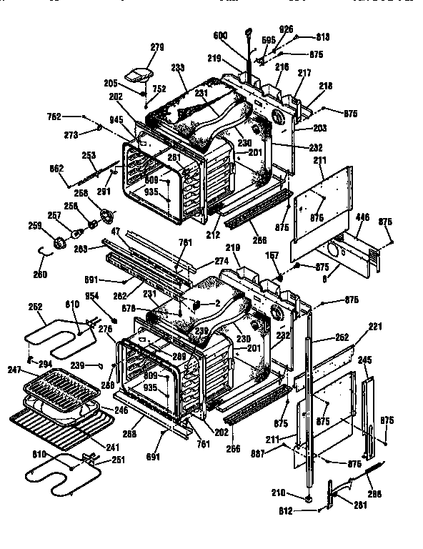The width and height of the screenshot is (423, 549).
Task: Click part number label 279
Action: (156, 47)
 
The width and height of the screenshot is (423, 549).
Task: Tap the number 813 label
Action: (322, 36)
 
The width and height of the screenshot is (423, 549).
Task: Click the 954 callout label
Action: (91, 295)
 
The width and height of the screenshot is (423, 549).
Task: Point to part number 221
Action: (376, 327)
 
